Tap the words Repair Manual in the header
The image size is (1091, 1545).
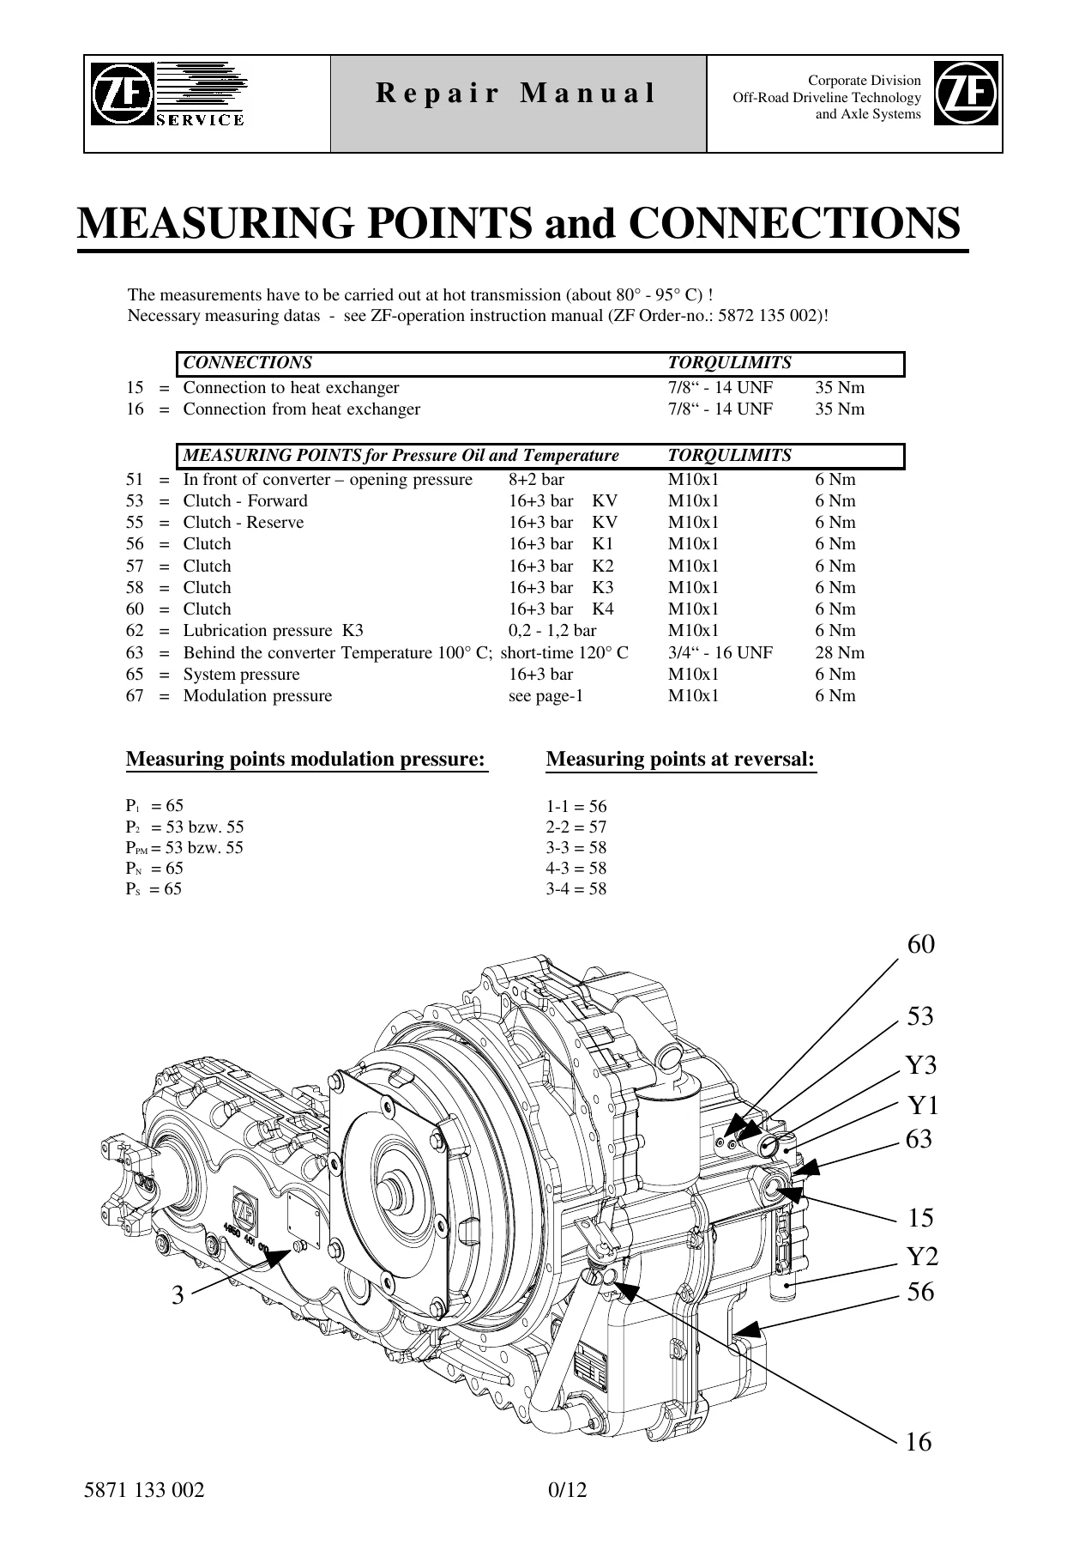click(x=516, y=93)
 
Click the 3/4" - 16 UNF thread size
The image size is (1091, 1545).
click(x=720, y=652)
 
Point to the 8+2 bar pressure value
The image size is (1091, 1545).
click(x=536, y=479)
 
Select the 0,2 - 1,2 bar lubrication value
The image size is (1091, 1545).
click(x=552, y=631)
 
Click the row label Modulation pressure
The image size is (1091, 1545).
click(x=257, y=696)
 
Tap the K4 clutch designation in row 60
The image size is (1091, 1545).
click(x=603, y=609)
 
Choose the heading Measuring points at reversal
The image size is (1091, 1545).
click(x=680, y=760)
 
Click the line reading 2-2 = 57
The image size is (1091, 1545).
click(x=576, y=827)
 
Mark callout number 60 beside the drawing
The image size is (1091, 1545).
click(x=920, y=944)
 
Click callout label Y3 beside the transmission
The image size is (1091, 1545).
click(x=922, y=1065)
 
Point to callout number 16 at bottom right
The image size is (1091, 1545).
click(x=919, y=1442)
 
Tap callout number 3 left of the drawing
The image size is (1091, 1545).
click(x=178, y=1294)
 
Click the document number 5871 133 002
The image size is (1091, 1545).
click(x=144, y=1490)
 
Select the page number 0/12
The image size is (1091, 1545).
click(x=567, y=1490)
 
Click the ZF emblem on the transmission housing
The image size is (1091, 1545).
click(x=244, y=1211)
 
